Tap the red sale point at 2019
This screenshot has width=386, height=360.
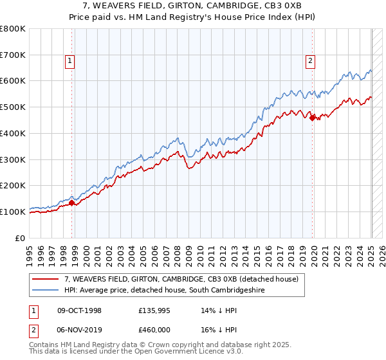point(312,118)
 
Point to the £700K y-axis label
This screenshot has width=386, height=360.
point(13,55)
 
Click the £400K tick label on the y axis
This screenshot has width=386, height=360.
point(13,133)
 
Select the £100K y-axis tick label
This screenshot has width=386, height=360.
point(13,212)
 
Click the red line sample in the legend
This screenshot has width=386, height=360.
point(45,280)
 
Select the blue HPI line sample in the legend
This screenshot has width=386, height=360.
point(45,291)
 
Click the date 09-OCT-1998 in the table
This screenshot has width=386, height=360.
point(80,310)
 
